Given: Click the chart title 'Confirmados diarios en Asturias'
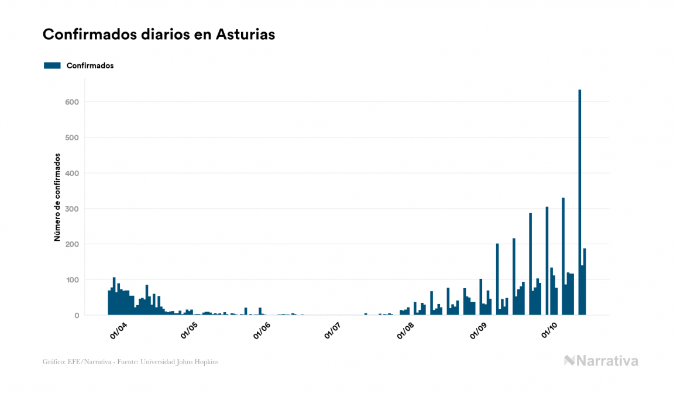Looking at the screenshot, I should (x=159, y=34).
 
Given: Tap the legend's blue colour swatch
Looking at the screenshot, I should (x=52, y=65).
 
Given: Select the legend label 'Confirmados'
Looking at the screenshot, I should (x=90, y=65).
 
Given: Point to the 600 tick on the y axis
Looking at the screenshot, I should (x=72, y=102).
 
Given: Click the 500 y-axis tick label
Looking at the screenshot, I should (x=72, y=138).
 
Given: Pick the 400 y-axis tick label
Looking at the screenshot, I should (x=72, y=174).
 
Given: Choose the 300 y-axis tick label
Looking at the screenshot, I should (x=72, y=209).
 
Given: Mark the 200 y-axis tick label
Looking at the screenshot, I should (x=72, y=244).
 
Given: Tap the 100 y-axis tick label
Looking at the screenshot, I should (x=72, y=280).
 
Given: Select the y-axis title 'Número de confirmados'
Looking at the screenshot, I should (x=57, y=197).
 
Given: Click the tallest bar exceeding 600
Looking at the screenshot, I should (x=579, y=202).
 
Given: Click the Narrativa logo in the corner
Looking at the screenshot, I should (x=601, y=361).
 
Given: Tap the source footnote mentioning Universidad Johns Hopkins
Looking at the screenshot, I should (x=130, y=362).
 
